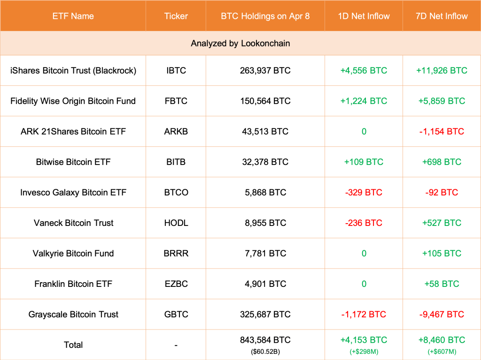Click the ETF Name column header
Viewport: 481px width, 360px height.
tap(73, 16)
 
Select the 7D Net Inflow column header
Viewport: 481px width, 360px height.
tap(442, 16)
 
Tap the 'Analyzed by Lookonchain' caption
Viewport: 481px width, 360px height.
tap(240, 43)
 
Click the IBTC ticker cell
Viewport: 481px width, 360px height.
tap(176, 70)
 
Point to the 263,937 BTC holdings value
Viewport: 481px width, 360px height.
tap(265, 70)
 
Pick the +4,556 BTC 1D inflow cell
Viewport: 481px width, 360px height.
tap(364, 70)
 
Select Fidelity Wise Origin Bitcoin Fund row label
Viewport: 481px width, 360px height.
tap(73, 101)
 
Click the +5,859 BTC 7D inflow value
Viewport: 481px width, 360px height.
tap(442, 101)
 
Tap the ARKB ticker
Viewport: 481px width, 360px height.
tap(176, 131)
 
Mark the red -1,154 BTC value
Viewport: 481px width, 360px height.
tap(442, 131)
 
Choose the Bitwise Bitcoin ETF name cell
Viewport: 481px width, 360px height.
tap(73, 162)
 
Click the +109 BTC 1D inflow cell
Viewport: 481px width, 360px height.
tap(364, 162)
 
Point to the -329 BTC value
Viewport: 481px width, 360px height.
tap(364, 192)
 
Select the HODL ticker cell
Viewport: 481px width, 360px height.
tap(176, 223)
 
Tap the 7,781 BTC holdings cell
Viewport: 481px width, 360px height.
tap(265, 253)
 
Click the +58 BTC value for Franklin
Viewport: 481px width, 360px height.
tap(442, 284)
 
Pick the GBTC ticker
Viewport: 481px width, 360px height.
tap(176, 314)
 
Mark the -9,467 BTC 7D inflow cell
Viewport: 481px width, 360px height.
tap(442, 314)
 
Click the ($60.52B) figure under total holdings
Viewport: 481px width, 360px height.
tap(265, 350)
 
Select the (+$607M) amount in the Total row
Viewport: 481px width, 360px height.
tap(442, 350)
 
